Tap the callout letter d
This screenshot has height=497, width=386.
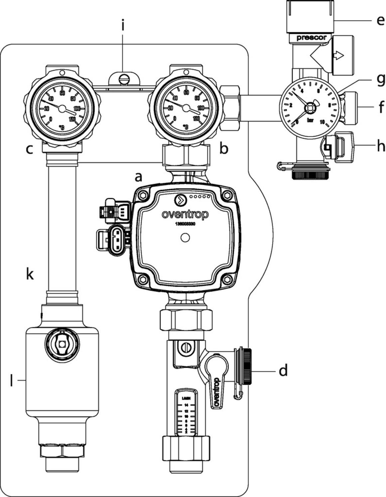(x=283, y=370)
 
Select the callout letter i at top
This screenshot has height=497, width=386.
(x=123, y=25)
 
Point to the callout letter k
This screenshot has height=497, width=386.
(x=30, y=274)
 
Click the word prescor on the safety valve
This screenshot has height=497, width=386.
(x=311, y=38)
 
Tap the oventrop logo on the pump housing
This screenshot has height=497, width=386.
(x=185, y=214)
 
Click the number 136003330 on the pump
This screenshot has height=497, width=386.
(x=185, y=224)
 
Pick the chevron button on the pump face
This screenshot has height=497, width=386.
(x=180, y=200)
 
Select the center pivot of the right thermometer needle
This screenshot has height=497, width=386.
(x=186, y=108)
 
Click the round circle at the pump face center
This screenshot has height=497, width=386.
(x=185, y=238)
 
